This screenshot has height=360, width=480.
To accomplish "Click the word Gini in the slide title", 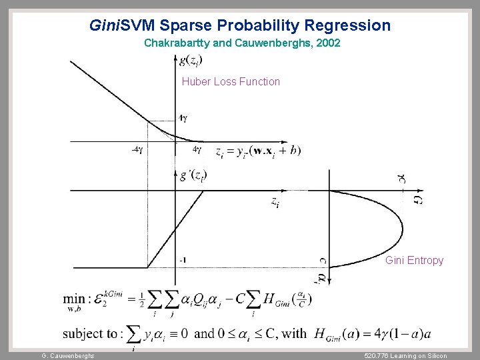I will pos(104,26).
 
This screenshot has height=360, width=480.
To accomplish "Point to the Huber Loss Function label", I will pos(231,82).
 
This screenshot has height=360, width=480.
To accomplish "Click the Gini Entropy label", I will pos(414,260).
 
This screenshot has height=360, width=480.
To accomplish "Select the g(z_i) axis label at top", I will pos(191,60).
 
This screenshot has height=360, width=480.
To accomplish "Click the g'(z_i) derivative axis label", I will pos(193,176).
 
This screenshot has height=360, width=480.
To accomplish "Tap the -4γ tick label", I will pos(137,150).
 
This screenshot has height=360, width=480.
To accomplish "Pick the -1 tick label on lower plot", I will pos(182,260).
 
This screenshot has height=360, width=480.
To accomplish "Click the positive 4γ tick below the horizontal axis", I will pos(197,150).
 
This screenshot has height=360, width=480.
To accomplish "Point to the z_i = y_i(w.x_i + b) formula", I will pos(257,151).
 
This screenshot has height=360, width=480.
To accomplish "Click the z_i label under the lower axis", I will pos(275,201).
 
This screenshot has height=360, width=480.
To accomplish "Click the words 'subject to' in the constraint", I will pos(90,333).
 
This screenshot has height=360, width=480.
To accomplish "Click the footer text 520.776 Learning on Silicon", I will pos(406,355).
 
